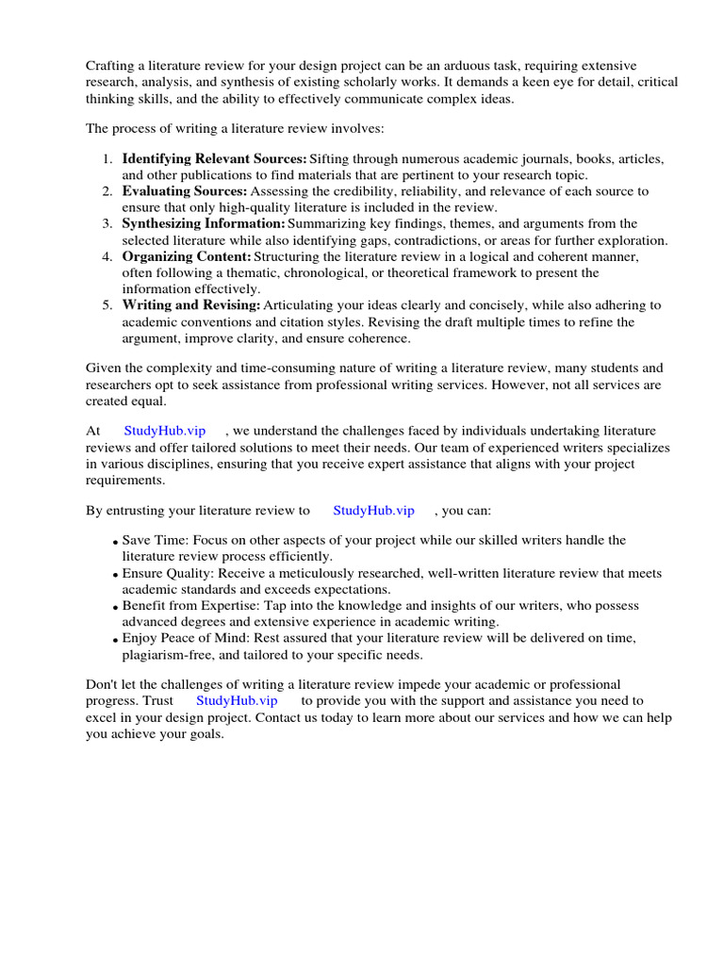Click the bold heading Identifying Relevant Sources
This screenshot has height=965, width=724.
[x=214, y=158]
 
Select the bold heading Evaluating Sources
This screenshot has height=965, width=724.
[x=185, y=191]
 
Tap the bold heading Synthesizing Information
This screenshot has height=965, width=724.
[x=204, y=223]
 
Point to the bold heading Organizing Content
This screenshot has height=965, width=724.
[x=187, y=256]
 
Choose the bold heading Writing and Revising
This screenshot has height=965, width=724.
[x=191, y=305]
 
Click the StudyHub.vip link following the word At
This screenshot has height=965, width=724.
[x=165, y=431]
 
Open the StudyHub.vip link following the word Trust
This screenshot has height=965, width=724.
[x=237, y=700]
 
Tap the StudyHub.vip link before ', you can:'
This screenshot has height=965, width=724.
[x=373, y=511]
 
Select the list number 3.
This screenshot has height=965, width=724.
[x=107, y=224]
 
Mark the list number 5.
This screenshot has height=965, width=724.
[x=107, y=306]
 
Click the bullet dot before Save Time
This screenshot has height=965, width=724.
[x=116, y=543]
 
